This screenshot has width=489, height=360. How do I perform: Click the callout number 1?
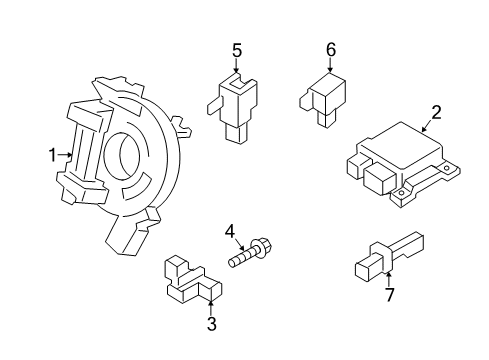(52, 155)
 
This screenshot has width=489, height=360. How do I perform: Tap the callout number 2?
(436, 112)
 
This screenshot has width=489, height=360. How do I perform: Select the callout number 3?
(211, 324)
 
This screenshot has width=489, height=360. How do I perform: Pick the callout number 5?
(237, 49)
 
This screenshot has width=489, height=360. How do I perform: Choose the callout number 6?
(331, 49)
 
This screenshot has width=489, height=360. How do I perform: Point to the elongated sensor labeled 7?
(385, 255)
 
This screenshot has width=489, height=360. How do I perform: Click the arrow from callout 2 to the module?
(426, 126)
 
